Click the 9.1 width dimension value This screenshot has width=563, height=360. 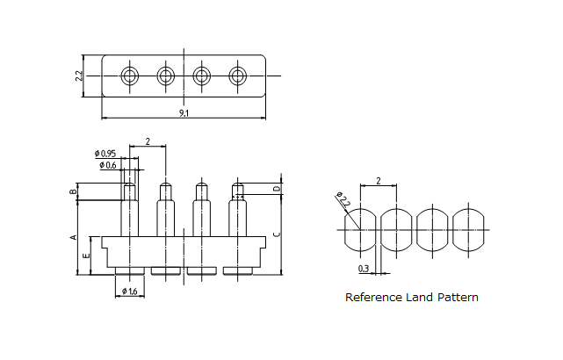click(183, 113)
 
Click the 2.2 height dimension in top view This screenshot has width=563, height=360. click(80, 76)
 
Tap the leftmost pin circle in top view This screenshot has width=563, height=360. click(130, 76)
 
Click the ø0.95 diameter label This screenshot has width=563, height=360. click(105, 155)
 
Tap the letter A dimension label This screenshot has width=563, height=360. click(74, 237)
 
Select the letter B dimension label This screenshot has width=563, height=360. click(74, 191)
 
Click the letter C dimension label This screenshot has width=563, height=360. click(278, 234)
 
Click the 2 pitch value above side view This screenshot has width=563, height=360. click(148, 141)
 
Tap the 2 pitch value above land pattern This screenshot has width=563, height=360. click(378, 181)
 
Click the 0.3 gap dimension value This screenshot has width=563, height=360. click(364, 268)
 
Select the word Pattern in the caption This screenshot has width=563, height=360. click(458, 298)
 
